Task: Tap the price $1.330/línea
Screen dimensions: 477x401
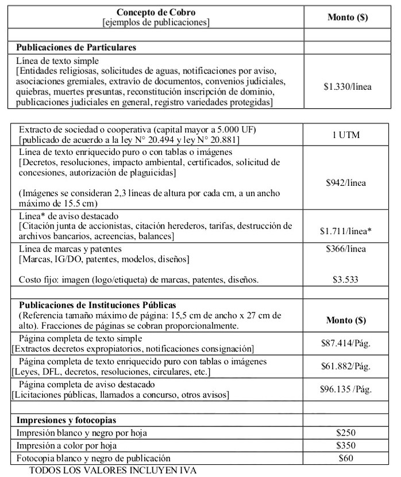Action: pos(347,87)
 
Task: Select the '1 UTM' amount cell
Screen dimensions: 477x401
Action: pos(346,135)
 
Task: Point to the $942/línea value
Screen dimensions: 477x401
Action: pos(346,183)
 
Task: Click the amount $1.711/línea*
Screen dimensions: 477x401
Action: pos(346,231)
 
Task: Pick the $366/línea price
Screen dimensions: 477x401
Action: pos(346,249)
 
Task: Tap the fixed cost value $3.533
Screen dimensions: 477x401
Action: pos(346,280)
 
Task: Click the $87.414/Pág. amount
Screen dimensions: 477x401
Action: pos(346,344)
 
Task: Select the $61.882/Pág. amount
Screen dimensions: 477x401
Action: pos(346,366)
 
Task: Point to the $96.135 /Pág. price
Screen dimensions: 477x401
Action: pos(346,388)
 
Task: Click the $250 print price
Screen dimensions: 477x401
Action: pos(346,433)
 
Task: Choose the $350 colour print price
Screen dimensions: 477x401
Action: pos(346,446)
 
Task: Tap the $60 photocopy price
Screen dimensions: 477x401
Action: pos(346,458)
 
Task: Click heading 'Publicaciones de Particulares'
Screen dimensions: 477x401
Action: pos(76,47)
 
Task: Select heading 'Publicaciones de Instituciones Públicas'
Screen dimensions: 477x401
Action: pos(98,304)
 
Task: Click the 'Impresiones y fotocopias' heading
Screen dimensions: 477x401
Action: pos(66,420)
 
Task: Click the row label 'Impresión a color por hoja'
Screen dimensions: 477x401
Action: pos(67,446)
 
